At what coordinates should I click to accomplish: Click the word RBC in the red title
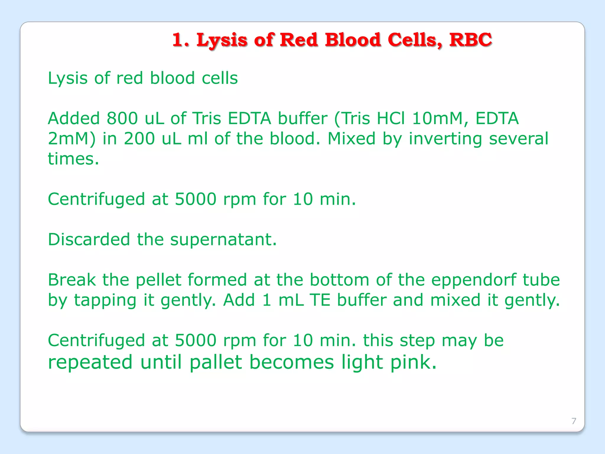click(470, 40)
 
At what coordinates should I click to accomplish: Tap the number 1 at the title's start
click(178, 40)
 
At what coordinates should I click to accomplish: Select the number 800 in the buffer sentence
click(122, 118)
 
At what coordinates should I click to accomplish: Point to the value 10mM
click(440, 118)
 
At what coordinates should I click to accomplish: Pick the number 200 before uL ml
click(139, 138)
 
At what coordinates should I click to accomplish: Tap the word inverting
click(445, 139)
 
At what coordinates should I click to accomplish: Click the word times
click(73, 159)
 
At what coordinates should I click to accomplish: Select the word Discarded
click(89, 239)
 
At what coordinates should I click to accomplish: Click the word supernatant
click(223, 240)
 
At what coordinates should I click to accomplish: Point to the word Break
click(72, 280)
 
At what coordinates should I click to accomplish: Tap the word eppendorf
click(473, 280)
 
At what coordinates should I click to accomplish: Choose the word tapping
click(105, 300)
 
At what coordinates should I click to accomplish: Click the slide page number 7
click(574, 421)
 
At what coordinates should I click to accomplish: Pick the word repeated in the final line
click(90, 363)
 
